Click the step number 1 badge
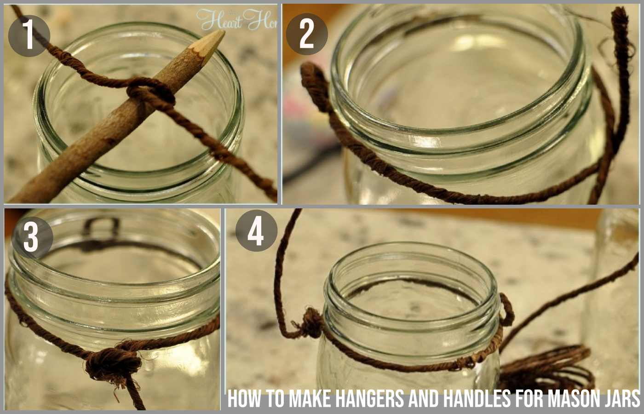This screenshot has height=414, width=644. (29, 35)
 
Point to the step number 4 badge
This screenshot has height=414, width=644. (256, 231)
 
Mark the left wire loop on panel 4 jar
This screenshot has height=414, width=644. (311, 323)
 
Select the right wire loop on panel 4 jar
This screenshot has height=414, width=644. (507, 311)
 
